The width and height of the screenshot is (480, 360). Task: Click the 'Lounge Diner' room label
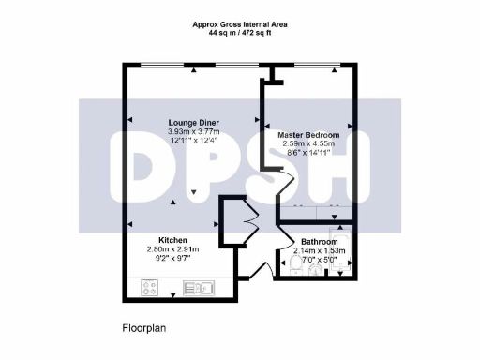pos(194,123)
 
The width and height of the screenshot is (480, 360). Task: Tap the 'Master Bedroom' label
pos(308,136)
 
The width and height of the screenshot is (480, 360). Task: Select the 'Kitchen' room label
pos(174,238)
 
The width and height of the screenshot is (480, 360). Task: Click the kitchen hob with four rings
pos(150,289)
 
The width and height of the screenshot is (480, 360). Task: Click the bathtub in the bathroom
pos(342,253)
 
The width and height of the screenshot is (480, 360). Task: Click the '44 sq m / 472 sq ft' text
pos(239,33)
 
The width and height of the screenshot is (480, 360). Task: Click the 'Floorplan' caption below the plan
pos(143,329)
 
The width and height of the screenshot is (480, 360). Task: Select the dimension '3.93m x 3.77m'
pos(194,132)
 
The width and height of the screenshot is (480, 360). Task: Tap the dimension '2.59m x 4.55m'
pos(308,145)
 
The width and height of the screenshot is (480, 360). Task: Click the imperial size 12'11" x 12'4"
pos(194,142)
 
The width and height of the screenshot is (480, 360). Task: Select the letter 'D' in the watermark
pos(145,169)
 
